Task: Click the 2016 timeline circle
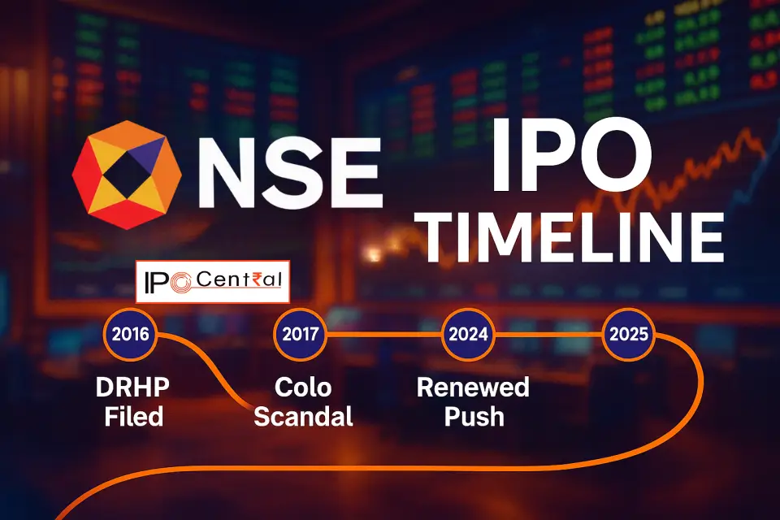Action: point(130,334)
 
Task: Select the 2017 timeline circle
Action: point(301,334)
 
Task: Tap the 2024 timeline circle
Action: point(468,334)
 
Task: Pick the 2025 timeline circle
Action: point(629,334)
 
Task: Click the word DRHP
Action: point(132,388)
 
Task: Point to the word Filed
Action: point(134,417)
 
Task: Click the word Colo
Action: point(303,388)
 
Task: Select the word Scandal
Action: point(303,417)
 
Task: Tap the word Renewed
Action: point(473,388)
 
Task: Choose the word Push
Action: point(474,417)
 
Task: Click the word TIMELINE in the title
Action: point(574,237)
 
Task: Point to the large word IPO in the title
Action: point(571,155)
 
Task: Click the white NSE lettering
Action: point(290,173)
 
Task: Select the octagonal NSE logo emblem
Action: point(127,175)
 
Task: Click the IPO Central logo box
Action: point(212,282)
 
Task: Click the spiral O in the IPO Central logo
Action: point(180,283)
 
